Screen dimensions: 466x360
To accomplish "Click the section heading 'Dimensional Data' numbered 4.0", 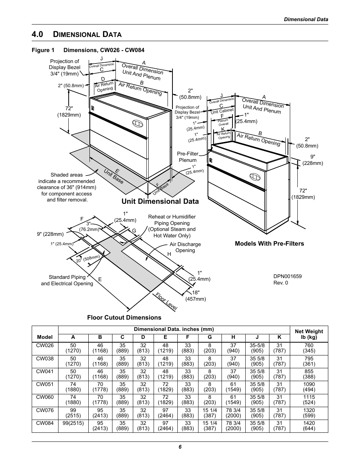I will pos(77,34).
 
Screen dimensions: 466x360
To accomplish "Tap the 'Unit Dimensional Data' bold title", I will pos(160,201).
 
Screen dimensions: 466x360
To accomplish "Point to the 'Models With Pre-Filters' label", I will pos(269,243).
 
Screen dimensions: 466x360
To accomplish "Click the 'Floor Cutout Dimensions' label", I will pos(124,317).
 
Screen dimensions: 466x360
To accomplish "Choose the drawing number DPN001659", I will pos(287,276).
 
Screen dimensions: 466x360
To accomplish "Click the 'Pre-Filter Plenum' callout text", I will pos(188,157).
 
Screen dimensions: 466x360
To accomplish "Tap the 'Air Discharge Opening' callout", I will pos(185,247).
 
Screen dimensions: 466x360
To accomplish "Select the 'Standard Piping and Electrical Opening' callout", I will pos(67,280).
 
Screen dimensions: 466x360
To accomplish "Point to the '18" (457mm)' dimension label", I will pos(195,295).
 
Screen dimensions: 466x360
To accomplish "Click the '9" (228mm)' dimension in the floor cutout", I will pos(51,234).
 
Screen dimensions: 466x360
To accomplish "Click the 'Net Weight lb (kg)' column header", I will pos(309,334).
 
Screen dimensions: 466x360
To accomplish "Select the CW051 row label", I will pos(45,384).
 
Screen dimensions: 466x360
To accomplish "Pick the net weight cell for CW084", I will pos(309,426).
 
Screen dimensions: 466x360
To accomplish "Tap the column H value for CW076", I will pos(233,413).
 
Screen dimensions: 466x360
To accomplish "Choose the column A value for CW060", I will pos(73,400).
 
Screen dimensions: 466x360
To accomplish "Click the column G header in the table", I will pos(210,337).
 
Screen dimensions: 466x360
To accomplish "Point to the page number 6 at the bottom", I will pos(180,447).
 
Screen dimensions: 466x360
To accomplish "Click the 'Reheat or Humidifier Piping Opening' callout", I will pos(172,226).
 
